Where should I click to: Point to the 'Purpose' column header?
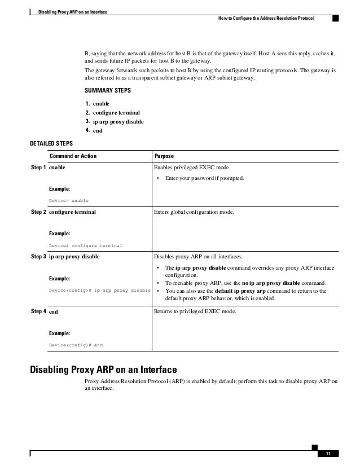point(164,156)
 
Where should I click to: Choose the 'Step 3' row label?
point(38,256)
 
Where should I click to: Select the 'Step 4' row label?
point(38,311)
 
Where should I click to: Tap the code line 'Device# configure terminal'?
point(86,245)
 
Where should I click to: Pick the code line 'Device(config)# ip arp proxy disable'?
point(99,290)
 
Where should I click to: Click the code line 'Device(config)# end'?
point(76,345)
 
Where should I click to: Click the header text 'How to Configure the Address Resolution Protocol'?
point(266,19)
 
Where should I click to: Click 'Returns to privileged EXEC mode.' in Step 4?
point(195,311)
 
